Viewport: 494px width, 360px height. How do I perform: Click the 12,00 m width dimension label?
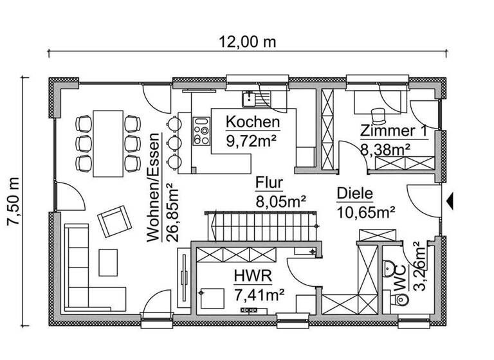(248, 42)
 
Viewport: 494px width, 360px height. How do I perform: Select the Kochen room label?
(253, 122)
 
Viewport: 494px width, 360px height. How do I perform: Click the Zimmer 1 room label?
(394, 130)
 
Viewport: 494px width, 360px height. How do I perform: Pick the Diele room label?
(354, 193)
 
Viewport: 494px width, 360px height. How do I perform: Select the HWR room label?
(253, 277)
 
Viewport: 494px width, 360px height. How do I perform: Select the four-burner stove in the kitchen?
(201, 131)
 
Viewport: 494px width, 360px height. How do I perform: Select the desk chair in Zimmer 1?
(380, 113)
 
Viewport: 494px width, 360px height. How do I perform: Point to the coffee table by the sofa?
(109, 261)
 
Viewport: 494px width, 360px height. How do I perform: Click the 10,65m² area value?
(365, 210)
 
